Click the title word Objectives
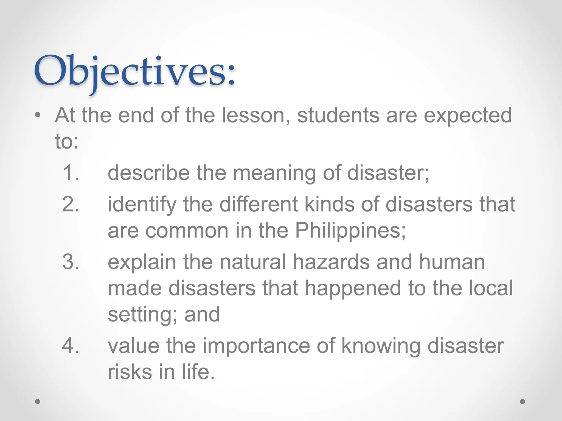coord(134,72)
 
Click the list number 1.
coord(71,173)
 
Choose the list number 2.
coord(71,204)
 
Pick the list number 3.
coord(71,262)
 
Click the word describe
coord(148,173)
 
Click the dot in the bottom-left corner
coord(38,402)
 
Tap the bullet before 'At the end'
coord(38,115)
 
